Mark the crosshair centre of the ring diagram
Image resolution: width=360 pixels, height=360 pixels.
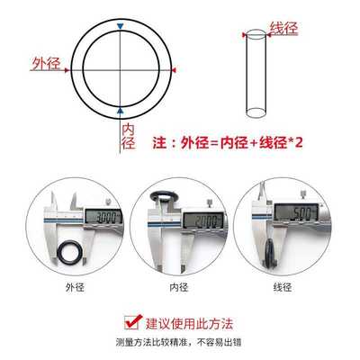click(x=121, y=69)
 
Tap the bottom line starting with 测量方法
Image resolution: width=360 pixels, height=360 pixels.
click(x=180, y=342)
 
